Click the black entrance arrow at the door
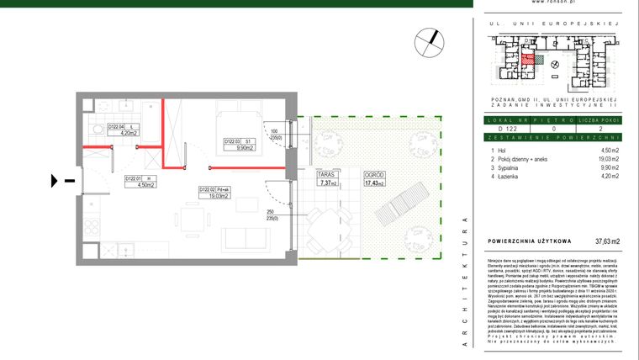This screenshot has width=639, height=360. (x=56, y=179)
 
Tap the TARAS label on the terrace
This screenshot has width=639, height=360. (x=327, y=176)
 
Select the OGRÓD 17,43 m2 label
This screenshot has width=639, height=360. (x=373, y=176)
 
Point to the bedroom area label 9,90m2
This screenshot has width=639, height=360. (x=245, y=147)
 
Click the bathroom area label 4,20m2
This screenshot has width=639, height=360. (x=128, y=132)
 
